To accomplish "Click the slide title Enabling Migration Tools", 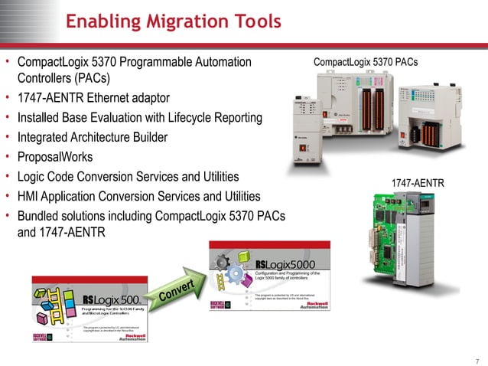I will point(173,22).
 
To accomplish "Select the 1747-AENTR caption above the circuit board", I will point(418,184).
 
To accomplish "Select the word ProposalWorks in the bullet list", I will point(55,157).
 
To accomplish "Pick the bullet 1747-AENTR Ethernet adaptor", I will point(93,99).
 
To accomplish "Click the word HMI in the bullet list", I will point(30,196).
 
